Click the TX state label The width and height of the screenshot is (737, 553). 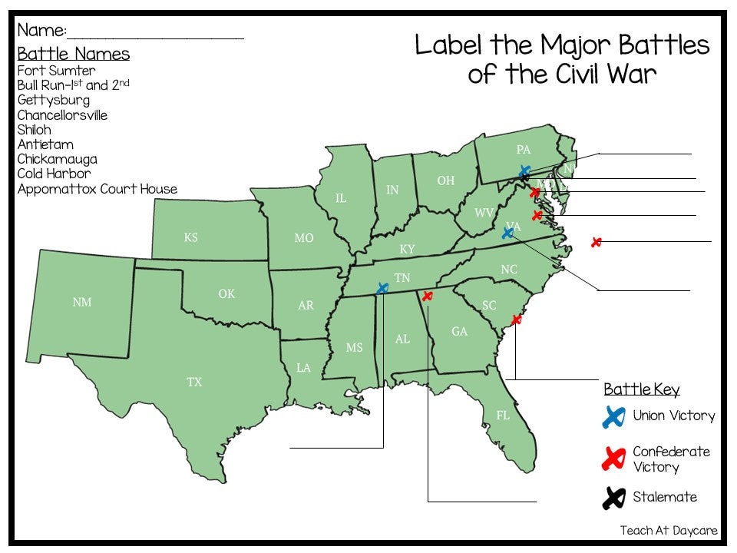[x=194, y=382]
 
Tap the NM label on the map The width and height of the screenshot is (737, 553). [x=82, y=302]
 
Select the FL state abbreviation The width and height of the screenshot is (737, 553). [x=503, y=416]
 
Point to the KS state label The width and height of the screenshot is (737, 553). [x=190, y=237]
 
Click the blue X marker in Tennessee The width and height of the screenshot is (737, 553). [x=382, y=288]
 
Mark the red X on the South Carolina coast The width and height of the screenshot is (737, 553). [x=516, y=320]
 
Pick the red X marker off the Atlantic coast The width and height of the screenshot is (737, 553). [x=596, y=242]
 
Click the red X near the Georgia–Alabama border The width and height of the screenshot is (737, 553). [x=428, y=296]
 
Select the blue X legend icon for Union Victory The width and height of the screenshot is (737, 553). [x=613, y=417]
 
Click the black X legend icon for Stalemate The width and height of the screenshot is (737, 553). [x=613, y=498]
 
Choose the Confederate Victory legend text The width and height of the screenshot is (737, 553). [x=671, y=459]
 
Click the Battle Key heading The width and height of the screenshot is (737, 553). [x=641, y=389]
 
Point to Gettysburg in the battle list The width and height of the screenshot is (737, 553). [x=54, y=100]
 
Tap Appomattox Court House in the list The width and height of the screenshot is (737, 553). [x=97, y=189]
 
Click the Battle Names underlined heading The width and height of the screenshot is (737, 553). [x=74, y=54]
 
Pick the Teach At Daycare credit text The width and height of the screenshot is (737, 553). [x=669, y=531]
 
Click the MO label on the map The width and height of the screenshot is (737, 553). [x=304, y=238]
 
